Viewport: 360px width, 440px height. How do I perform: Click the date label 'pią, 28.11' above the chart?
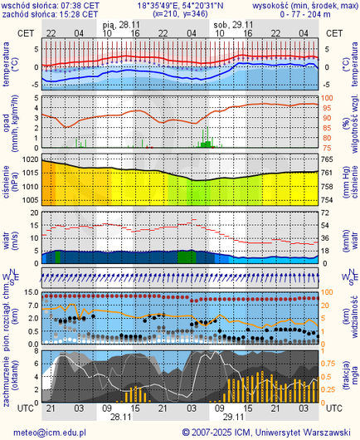tap(119, 25)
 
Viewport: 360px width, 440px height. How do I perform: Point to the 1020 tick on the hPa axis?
tap(30, 159)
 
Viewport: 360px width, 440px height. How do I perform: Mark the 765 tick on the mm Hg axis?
tap(328, 159)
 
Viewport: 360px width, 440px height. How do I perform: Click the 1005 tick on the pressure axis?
tap(30, 200)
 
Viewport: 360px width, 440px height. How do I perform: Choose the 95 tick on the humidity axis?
tap(327, 107)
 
